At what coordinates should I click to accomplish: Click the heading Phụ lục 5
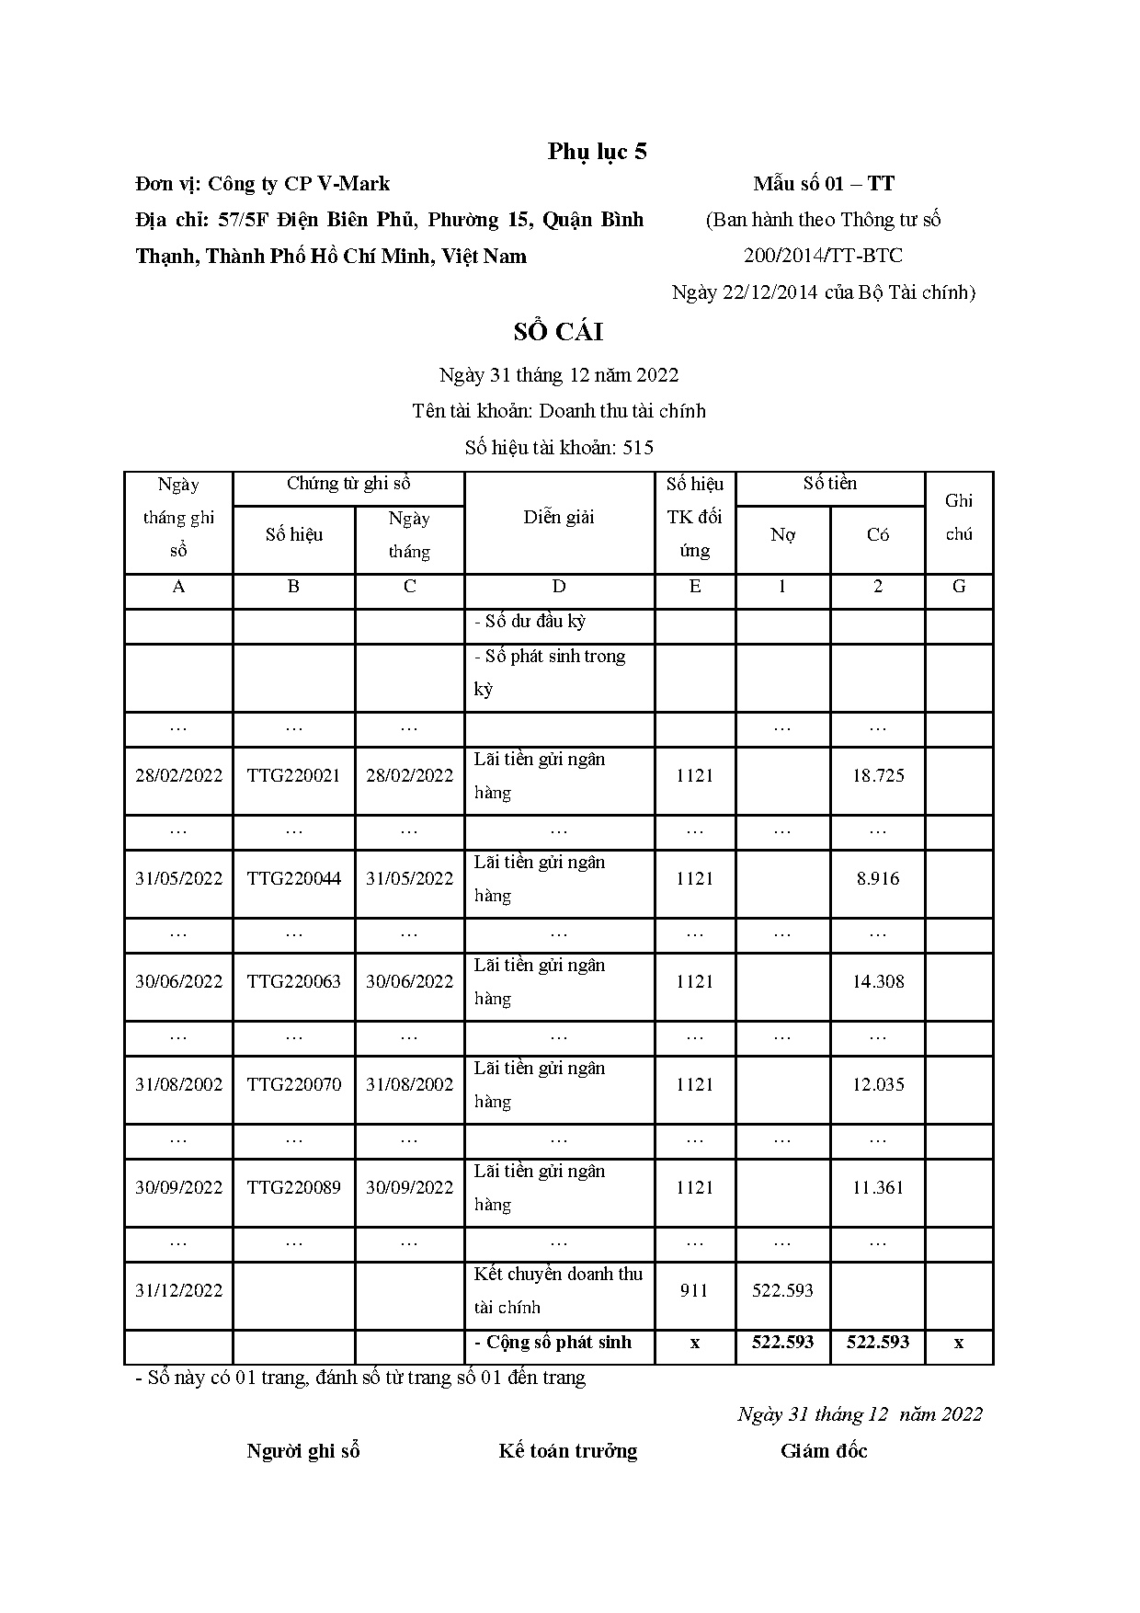tap(597, 152)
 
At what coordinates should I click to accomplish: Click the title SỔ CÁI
tap(558, 332)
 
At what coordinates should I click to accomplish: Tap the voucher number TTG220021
tap(293, 776)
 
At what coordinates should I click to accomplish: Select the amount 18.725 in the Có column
tap(878, 776)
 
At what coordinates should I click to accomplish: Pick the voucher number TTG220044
tap(293, 879)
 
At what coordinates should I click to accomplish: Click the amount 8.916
tap(878, 879)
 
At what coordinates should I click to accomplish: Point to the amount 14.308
tap(878, 982)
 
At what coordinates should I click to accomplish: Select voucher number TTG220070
tap(293, 1085)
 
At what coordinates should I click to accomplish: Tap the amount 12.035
tap(878, 1085)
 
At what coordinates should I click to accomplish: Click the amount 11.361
tap(878, 1188)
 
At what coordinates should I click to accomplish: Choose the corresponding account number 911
tap(694, 1291)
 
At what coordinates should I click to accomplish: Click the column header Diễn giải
tap(559, 518)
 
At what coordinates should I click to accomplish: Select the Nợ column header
tap(782, 535)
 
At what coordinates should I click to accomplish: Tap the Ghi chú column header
tap(959, 518)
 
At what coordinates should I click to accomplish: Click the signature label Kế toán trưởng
tap(567, 1451)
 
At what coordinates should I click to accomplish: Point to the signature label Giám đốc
tap(824, 1451)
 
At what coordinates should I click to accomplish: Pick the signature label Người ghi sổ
tap(302, 1451)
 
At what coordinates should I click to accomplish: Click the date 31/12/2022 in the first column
tap(178, 1291)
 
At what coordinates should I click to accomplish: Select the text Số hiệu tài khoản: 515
tap(559, 448)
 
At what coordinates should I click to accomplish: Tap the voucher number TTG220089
tap(293, 1188)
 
